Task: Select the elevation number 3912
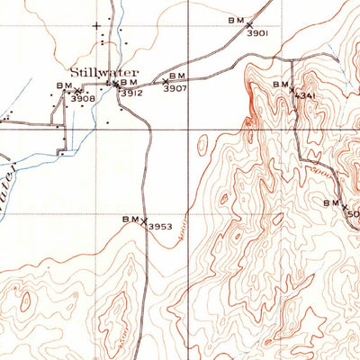tap(132, 92)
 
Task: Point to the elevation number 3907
tap(175, 88)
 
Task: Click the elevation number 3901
tap(258, 32)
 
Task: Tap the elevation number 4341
tap(307, 94)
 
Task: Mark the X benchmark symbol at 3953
tap(143, 220)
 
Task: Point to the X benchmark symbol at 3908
tap(78, 90)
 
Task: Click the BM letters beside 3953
tap(130, 219)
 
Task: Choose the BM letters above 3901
tap(236, 19)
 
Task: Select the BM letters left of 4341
tap(280, 84)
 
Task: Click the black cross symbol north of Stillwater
tap(97, 26)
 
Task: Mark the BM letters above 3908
tap(64, 85)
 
